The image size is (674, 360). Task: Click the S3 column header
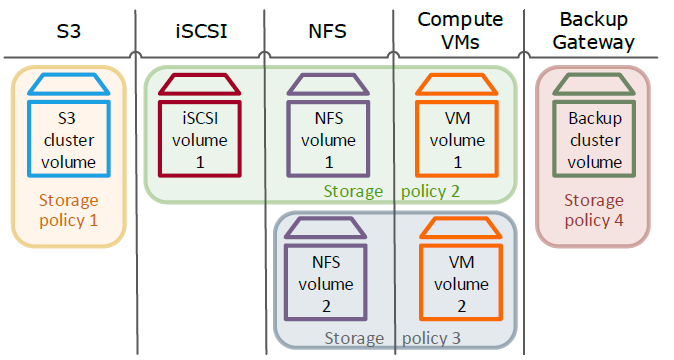click(x=68, y=32)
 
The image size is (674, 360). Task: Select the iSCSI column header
click(x=199, y=32)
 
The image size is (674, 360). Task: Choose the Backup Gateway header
click(x=598, y=30)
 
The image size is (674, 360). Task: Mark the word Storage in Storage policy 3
click(x=353, y=338)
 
